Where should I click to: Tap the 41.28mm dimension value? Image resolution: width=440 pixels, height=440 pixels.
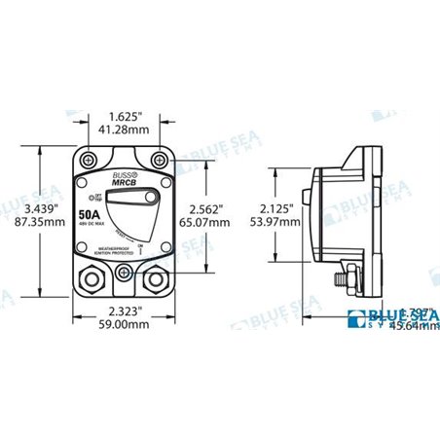127,128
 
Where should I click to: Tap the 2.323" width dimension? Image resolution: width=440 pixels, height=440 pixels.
127,311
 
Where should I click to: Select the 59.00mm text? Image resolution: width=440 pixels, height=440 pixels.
127,325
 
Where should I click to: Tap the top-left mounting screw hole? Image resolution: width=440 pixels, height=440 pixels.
91,159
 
